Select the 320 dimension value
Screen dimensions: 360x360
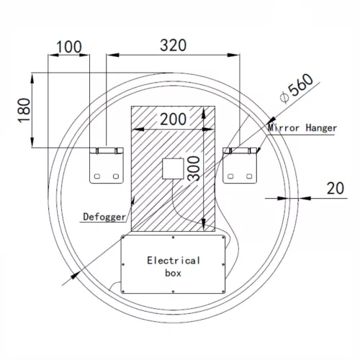173,45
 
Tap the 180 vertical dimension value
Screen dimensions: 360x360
24,109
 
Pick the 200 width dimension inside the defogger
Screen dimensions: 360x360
173,118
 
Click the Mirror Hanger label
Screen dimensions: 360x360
302,127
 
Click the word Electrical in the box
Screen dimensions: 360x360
174,260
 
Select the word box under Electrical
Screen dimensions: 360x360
173,273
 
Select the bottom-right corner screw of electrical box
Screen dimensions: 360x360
221,289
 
